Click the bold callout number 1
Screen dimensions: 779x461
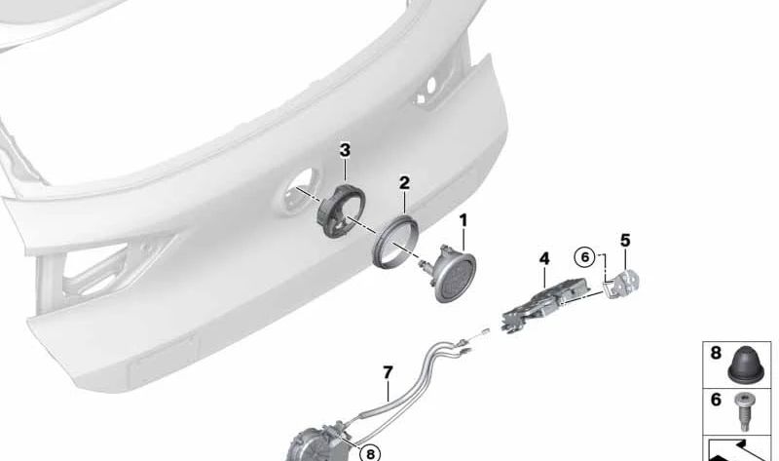pyautogui.click(x=464, y=220)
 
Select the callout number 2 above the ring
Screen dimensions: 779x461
pyautogui.click(x=405, y=183)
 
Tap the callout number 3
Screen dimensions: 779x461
pyautogui.click(x=345, y=150)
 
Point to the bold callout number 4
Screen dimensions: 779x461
pyautogui.click(x=544, y=258)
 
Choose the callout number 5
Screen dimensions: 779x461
pyautogui.click(x=625, y=241)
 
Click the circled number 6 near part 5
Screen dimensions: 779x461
pyautogui.click(x=584, y=257)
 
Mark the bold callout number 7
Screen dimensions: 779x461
pyautogui.click(x=388, y=372)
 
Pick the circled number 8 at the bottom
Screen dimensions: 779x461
pyautogui.click(x=370, y=453)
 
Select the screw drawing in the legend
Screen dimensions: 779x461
pyautogui.click(x=743, y=410)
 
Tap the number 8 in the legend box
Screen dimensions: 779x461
pyautogui.click(x=716, y=353)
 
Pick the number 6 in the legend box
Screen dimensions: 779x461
pyautogui.click(x=716, y=400)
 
